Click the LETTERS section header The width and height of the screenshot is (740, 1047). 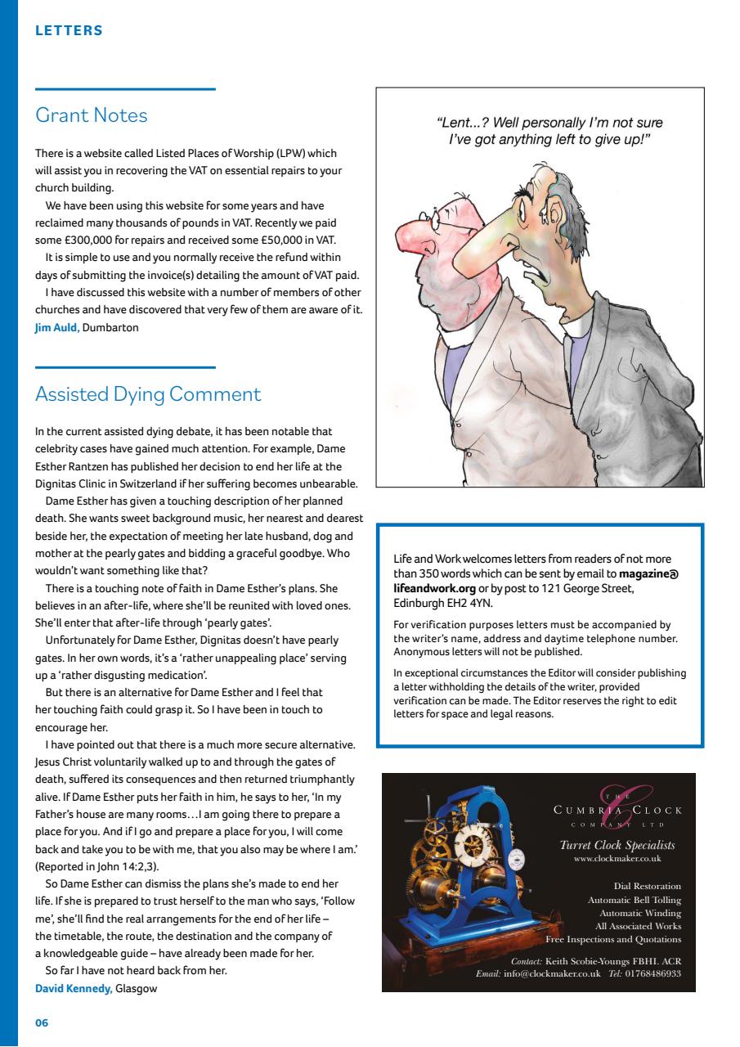[69, 31]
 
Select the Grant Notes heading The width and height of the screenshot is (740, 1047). [92, 115]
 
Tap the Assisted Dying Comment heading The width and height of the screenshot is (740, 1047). [148, 394]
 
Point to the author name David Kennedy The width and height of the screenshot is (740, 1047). [74, 988]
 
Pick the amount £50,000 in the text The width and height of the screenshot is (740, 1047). [263, 239]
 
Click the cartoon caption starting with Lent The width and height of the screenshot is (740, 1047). [549, 131]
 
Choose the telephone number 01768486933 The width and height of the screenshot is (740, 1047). [652, 974]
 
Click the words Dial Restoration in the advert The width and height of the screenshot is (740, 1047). [647, 886]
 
